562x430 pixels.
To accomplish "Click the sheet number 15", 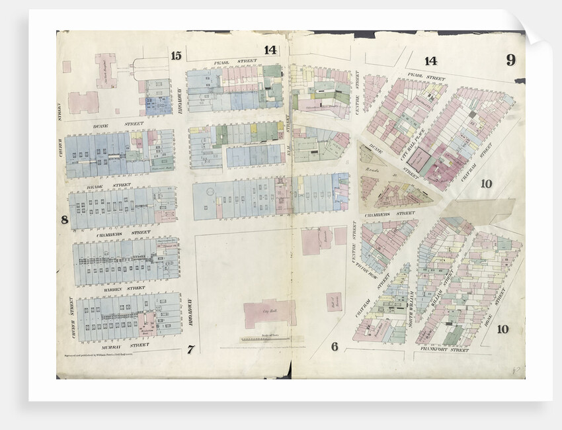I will coord(175,56).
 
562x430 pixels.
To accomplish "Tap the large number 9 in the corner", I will coord(510,60).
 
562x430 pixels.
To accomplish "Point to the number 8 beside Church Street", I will coord(65,220).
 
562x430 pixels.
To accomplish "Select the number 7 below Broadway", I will coord(190,349).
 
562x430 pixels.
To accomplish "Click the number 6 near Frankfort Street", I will coord(335,347).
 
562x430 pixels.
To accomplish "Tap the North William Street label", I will coord(411,304).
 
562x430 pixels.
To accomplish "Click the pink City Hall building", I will coord(270,313).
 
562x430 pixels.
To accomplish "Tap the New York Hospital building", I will coord(106,71).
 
